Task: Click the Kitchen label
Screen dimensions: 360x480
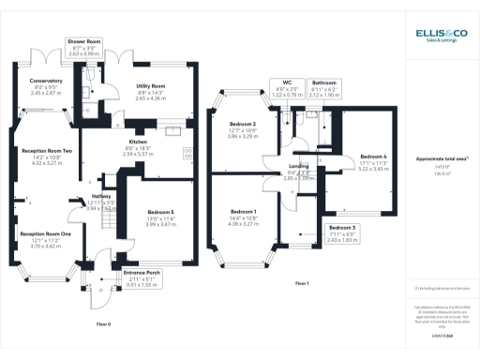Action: click(x=138, y=142)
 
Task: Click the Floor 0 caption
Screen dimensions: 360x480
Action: click(x=103, y=323)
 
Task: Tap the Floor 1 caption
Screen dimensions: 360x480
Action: click(x=302, y=283)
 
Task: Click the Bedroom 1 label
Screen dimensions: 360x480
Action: click(x=244, y=213)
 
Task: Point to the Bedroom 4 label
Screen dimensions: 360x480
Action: click(x=373, y=157)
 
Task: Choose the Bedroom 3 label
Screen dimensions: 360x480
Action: click(x=342, y=228)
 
